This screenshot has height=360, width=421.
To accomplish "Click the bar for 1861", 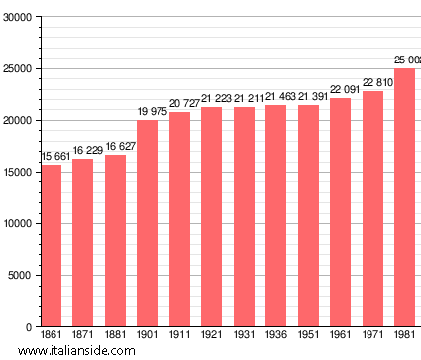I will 51,245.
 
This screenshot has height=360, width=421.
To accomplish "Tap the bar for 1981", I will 404,197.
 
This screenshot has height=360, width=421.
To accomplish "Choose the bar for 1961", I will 340,212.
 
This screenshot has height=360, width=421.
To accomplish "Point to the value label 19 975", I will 147,112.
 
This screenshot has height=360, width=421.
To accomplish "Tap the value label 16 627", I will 115,147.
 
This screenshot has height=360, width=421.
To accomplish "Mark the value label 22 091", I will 340,90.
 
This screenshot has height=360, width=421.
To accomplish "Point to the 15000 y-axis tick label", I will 16,173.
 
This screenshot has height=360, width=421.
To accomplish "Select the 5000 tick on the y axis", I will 19,276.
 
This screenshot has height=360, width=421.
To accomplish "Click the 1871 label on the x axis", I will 82,336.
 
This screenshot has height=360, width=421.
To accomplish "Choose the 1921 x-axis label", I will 211,336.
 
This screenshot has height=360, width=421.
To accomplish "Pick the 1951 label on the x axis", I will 307,336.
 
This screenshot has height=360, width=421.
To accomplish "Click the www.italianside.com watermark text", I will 84,351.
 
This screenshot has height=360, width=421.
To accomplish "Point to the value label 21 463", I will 275,97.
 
